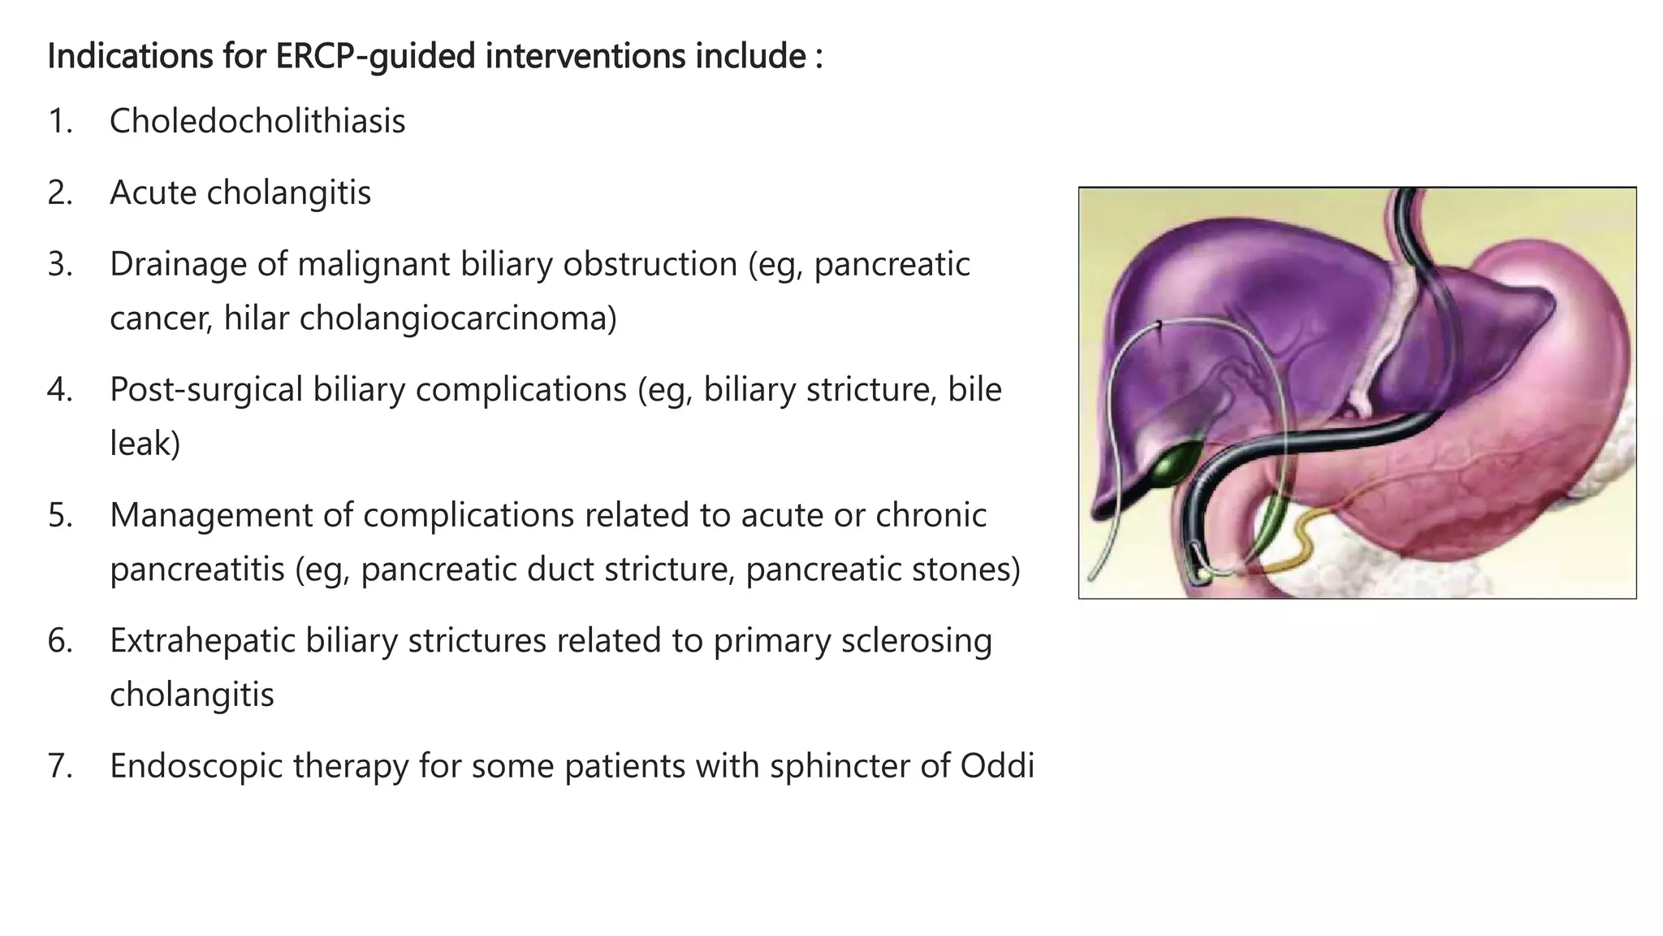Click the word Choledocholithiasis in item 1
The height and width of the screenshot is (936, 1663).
[257, 122]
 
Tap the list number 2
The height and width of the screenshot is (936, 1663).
[59, 193]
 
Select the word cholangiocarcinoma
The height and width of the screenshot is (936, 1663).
[458, 318]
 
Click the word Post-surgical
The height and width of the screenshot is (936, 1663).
[206, 390]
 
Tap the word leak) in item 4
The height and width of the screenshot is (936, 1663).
[145, 444]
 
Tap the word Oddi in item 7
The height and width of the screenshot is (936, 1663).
[997, 765]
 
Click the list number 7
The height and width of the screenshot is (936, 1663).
[59, 765]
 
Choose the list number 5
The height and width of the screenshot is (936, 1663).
[59, 515]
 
